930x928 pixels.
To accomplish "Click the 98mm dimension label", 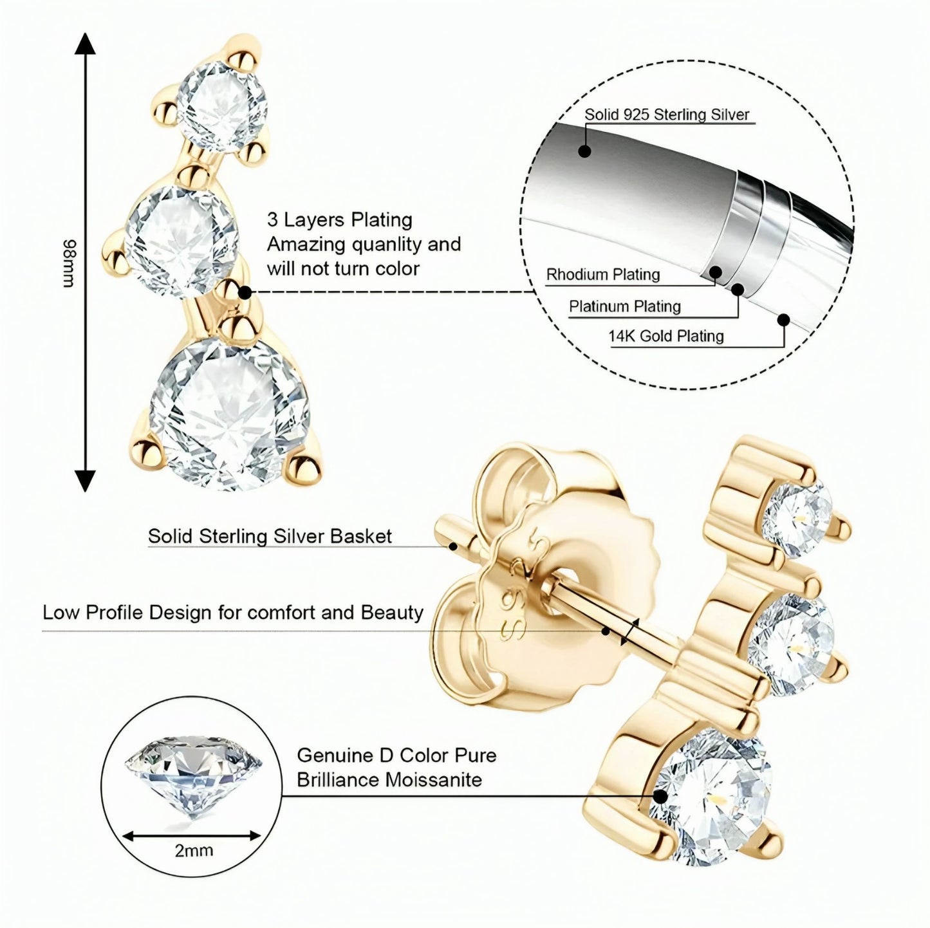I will [x=68, y=264].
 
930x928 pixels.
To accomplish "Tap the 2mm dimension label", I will [x=194, y=850].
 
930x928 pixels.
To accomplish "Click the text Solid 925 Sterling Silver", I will [x=667, y=115].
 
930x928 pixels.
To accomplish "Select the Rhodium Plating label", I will [x=603, y=275].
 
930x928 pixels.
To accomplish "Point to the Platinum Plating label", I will [x=624, y=306].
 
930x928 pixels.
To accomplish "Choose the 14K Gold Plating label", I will [x=666, y=336].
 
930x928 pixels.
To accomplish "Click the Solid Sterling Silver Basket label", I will [x=270, y=536].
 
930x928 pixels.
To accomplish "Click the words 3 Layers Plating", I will [x=339, y=219].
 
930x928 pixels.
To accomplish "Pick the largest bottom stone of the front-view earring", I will [x=225, y=413].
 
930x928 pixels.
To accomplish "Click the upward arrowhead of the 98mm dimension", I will [x=85, y=45].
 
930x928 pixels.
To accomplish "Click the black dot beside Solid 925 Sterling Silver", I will [x=584, y=151].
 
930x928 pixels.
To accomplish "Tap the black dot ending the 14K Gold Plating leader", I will [x=784, y=319].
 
